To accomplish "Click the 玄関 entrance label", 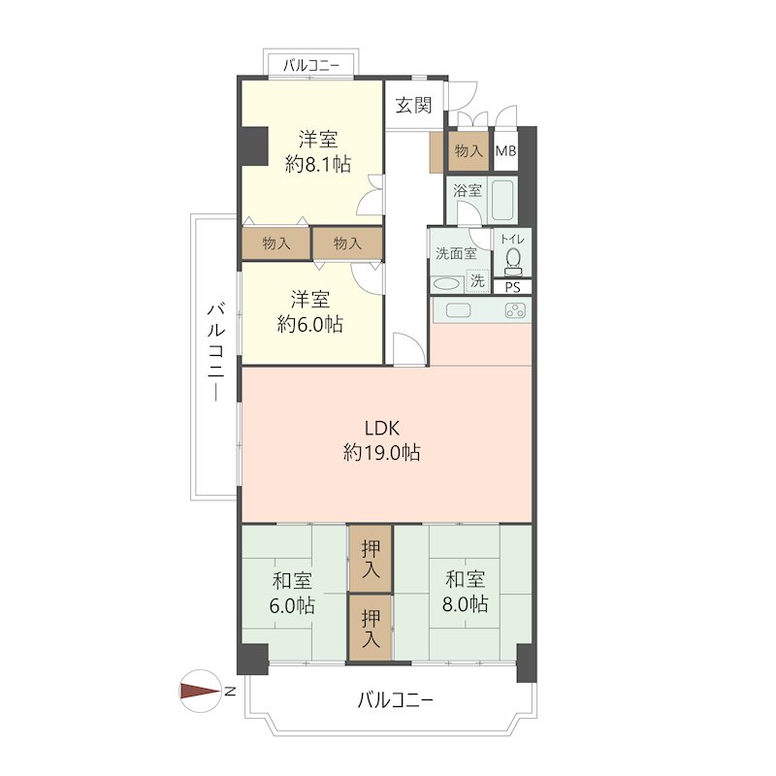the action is coord(413,105).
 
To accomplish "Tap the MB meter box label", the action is coord(505,150).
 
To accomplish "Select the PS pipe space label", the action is coord(513,287).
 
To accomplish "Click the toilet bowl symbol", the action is coord(513,262).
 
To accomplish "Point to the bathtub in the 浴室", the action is coord(502,201).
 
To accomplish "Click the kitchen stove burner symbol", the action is coord(515,310).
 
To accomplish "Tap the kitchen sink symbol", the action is coord(459,310).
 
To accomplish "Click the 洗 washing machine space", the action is coord(477,281).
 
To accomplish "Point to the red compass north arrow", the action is coord(201,692).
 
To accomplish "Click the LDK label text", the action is coord(381,428).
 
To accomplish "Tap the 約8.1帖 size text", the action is coord(318,164).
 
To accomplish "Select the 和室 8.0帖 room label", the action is coord(465,592).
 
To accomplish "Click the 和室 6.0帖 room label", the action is coord(292,593).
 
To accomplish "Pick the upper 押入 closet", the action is coord(371,559).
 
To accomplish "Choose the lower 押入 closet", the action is coord(371,628).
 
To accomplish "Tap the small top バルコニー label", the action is coord(311,65).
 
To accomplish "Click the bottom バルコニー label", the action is coord(396,699).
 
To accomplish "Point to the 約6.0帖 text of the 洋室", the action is coord(309,325).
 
